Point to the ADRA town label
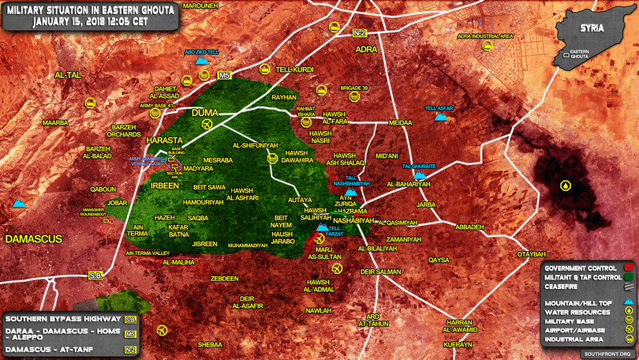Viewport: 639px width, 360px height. [367, 49]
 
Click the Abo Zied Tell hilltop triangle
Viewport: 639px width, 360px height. [202, 60]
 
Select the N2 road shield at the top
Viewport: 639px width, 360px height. [360, 32]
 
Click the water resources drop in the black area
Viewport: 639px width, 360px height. [566, 186]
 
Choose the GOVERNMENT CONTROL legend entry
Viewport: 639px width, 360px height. [581, 268]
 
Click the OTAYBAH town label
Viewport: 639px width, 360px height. [531, 254]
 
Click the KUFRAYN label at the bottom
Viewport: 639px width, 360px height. [458, 345]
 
